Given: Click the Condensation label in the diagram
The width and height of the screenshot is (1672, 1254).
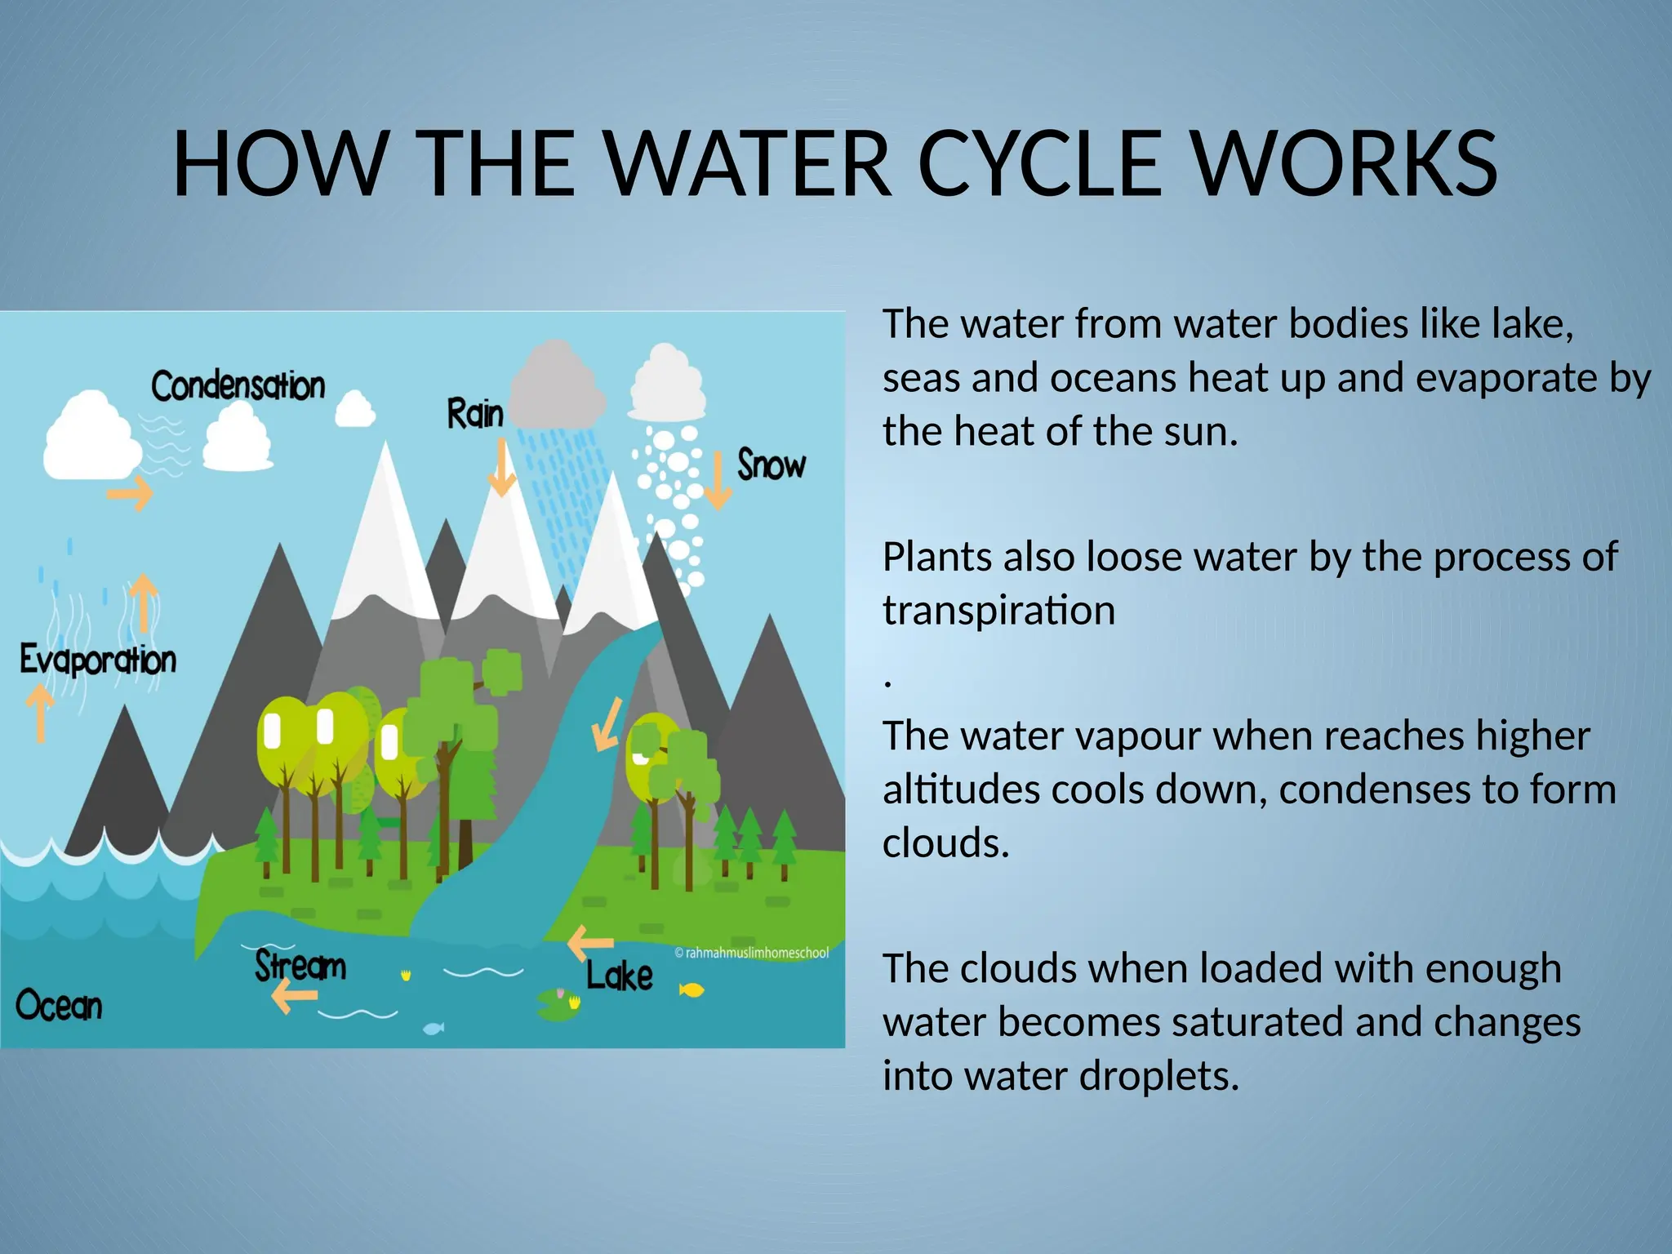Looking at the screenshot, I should click(x=238, y=385).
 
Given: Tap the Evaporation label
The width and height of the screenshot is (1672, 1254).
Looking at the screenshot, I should click(x=97, y=660).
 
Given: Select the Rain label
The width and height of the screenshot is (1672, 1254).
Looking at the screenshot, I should click(x=474, y=413).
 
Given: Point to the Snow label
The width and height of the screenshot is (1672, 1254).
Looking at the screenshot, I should click(x=771, y=465).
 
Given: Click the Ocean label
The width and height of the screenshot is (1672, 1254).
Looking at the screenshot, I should click(x=59, y=1005).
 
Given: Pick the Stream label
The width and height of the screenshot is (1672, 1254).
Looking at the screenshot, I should click(x=300, y=966).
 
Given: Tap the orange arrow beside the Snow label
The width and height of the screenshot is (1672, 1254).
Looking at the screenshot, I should click(x=718, y=481).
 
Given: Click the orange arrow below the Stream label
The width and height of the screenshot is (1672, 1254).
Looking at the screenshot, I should click(x=294, y=995).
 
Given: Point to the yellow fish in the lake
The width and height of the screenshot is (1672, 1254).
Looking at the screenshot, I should click(x=691, y=990).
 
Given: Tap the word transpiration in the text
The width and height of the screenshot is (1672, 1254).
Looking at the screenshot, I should click(x=998, y=611).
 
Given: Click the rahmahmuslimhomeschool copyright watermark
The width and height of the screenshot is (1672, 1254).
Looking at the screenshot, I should click(x=751, y=953).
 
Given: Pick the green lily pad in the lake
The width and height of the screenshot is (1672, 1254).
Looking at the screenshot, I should click(x=558, y=1005).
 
